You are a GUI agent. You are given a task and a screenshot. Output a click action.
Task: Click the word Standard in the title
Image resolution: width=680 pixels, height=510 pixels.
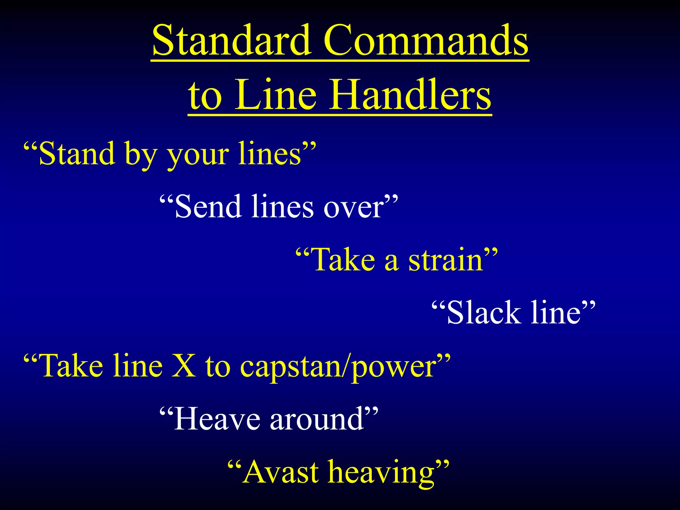click(232, 41)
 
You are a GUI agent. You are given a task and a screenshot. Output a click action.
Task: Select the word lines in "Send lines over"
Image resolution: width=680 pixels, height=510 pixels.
click(282, 207)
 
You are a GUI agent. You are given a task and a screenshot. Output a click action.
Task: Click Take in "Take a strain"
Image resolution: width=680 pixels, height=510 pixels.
click(344, 260)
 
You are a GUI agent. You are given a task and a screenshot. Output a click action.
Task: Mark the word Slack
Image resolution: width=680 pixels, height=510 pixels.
click(483, 312)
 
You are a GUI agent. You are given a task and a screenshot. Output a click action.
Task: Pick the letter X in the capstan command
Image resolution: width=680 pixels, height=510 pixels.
click(184, 366)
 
